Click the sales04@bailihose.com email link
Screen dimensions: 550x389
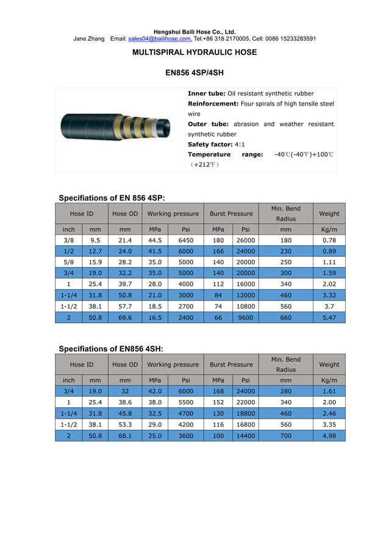click(160, 38)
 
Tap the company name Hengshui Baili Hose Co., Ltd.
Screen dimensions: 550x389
click(194, 32)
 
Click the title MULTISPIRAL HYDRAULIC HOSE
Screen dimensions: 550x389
click(194, 52)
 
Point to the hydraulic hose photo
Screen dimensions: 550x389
click(120, 129)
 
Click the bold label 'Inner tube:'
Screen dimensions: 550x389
click(207, 93)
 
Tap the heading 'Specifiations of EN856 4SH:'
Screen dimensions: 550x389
click(110, 349)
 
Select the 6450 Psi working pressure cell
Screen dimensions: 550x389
click(185, 241)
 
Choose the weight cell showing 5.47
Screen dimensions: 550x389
click(329, 318)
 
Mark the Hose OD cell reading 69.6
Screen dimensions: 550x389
click(125, 318)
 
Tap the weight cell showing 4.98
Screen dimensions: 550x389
click(329, 435)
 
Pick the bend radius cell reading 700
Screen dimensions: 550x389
click(285, 435)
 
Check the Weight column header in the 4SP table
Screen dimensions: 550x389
click(329, 213)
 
